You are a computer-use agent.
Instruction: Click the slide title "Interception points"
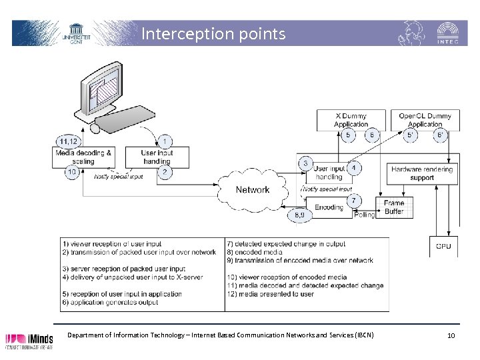tap(213, 33)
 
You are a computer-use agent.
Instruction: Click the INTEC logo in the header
tap(446, 33)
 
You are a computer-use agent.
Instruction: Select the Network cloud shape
tap(253, 189)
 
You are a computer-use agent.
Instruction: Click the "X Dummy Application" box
tap(351, 120)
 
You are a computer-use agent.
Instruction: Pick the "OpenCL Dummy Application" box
tap(425, 120)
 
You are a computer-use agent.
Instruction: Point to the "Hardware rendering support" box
tap(422, 173)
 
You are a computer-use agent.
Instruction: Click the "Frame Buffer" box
tap(394, 207)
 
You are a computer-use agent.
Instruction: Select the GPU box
tap(443, 246)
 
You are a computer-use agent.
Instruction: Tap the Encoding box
tap(328, 207)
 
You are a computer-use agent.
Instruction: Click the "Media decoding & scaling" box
tap(84, 157)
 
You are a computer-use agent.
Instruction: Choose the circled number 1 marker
tap(164, 141)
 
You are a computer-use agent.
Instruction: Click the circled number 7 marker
tap(354, 199)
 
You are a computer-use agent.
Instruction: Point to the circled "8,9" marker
tap(299, 215)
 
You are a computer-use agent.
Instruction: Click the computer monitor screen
tap(106, 87)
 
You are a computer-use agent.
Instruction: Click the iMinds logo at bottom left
tap(29, 340)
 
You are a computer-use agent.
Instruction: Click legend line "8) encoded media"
tap(255, 252)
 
